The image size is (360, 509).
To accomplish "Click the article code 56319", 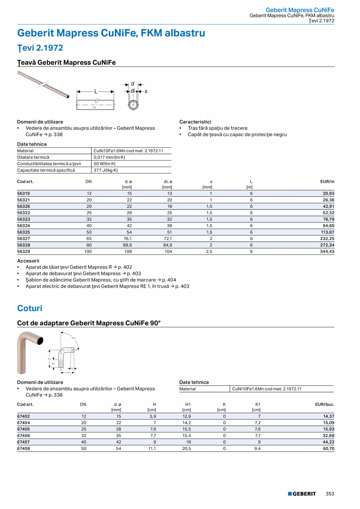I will click(23, 194).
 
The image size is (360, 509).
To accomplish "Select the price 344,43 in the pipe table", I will click(326, 252).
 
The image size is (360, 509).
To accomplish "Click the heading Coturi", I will click(30, 308).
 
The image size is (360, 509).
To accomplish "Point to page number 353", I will click(330, 494).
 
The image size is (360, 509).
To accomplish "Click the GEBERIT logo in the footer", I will click(302, 494).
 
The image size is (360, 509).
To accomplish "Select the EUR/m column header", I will click(327, 182).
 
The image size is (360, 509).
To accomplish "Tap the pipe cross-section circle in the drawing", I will click(133, 105).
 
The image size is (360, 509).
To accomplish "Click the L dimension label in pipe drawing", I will click(95, 92).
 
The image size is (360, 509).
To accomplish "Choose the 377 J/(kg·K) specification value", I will click(106, 170).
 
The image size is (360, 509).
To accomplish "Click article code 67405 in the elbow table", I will click(23, 429).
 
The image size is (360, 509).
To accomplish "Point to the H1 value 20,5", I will click(187, 448).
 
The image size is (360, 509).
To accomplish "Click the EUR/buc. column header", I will click(325, 404).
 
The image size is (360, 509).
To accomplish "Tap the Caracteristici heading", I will click(195, 122).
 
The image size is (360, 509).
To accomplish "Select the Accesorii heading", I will click(28, 261).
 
